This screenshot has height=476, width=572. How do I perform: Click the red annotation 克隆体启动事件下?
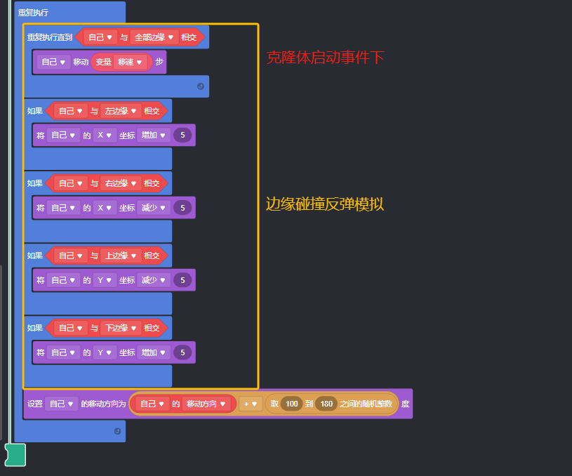325,58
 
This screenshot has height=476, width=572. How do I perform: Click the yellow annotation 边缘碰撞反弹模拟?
324,204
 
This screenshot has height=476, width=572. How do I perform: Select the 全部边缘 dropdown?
154,37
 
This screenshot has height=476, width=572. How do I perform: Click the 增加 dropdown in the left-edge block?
154,135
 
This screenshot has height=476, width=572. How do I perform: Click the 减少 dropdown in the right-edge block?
154,207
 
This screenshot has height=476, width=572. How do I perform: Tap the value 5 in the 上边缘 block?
182,280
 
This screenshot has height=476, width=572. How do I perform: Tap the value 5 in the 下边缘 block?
182,352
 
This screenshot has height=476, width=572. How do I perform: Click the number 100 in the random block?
292,404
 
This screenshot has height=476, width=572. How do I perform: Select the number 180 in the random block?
326,404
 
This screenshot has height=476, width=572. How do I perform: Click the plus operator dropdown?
250,404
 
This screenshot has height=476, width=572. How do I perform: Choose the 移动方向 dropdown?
206,404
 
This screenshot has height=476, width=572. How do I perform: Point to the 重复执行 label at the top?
33,13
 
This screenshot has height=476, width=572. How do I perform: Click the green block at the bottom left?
15,454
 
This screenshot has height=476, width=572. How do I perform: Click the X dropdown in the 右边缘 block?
105,207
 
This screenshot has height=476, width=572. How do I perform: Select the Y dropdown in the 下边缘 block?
105,352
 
